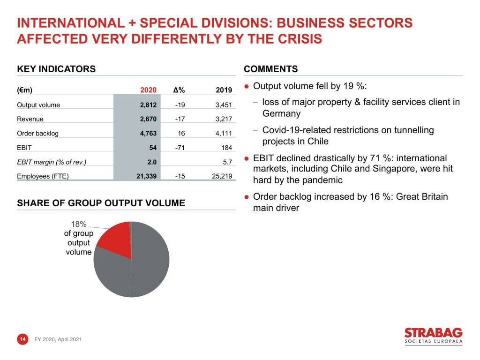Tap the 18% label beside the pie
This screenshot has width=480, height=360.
78,225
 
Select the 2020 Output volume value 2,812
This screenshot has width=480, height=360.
148,105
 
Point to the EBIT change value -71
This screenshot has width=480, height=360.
180,148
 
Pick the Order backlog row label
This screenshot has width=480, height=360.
37,134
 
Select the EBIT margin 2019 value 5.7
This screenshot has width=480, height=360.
227,163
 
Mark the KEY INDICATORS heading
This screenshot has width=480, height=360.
56,69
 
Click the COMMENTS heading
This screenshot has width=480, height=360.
271,69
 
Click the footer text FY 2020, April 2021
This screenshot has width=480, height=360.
58,339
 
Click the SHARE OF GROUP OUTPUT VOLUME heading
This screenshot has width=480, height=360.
101,203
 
